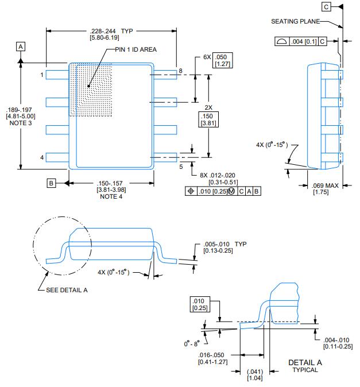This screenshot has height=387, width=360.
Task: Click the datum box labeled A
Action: (21, 45)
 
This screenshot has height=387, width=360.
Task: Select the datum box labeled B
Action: (51, 183)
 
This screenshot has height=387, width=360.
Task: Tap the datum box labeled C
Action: (327, 7)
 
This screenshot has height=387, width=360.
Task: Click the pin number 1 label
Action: (42, 75)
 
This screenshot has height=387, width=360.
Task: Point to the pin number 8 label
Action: (180, 71)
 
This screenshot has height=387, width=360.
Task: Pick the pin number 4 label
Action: (42, 157)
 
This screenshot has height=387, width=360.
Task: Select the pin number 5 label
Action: (180, 167)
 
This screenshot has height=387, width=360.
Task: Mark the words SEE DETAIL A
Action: (67, 289)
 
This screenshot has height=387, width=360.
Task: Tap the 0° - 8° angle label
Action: (192, 343)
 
